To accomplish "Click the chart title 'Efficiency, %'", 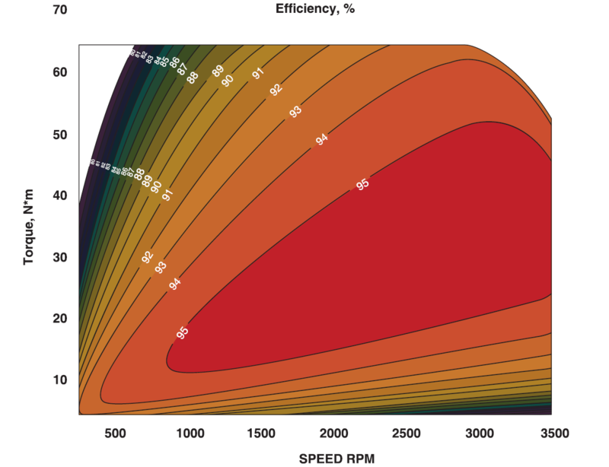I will [x=314, y=10].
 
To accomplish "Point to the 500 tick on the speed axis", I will [x=115, y=433].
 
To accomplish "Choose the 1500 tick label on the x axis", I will [x=261, y=433].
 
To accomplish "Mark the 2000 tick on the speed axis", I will [x=333, y=433].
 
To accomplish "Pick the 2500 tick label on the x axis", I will [x=407, y=433].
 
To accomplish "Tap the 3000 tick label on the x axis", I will [x=479, y=433].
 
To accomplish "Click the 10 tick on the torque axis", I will [x=61, y=380].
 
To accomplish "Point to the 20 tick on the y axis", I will [x=61, y=318].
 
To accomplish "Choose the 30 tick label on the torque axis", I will [x=61, y=257].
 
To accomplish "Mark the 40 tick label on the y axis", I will [x=61, y=195].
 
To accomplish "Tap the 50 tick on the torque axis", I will [x=61, y=134].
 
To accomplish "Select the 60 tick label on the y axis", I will [x=61, y=72].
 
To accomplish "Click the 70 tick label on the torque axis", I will [x=61, y=11].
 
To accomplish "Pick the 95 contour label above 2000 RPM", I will [x=362, y=184].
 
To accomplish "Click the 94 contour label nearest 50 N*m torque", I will [x=321, y=139].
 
